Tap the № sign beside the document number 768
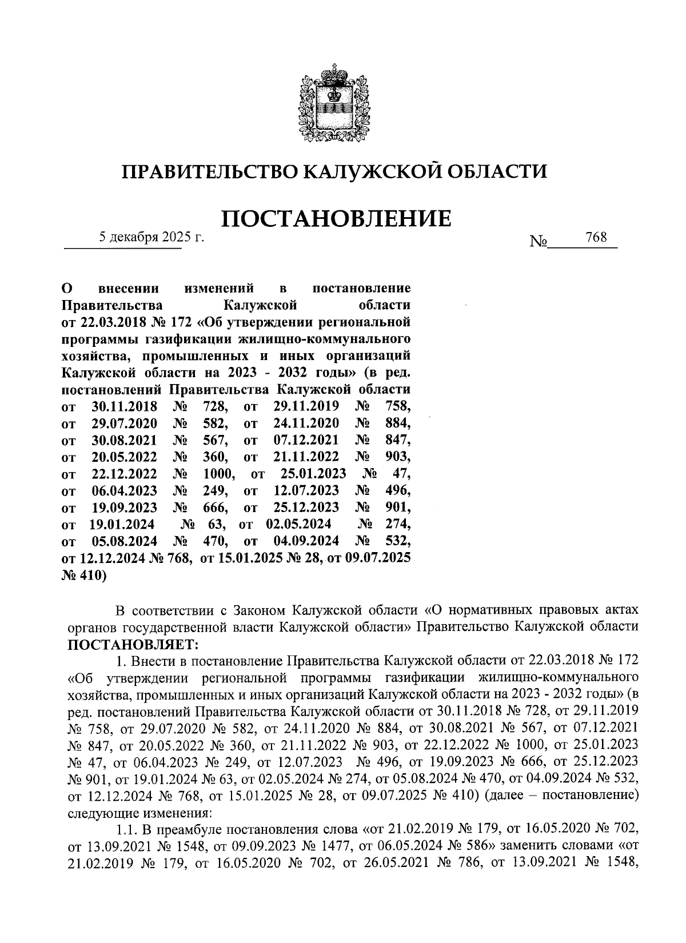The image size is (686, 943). click(539, 242)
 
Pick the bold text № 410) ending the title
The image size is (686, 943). click(83, 575)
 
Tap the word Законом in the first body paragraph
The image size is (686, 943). click(262, 610)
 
